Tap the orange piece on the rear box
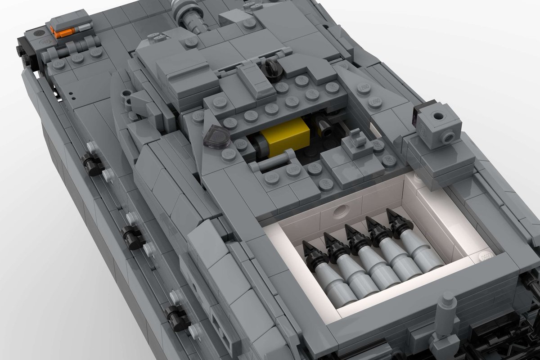(57, 31)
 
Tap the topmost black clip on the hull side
(92, 165)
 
